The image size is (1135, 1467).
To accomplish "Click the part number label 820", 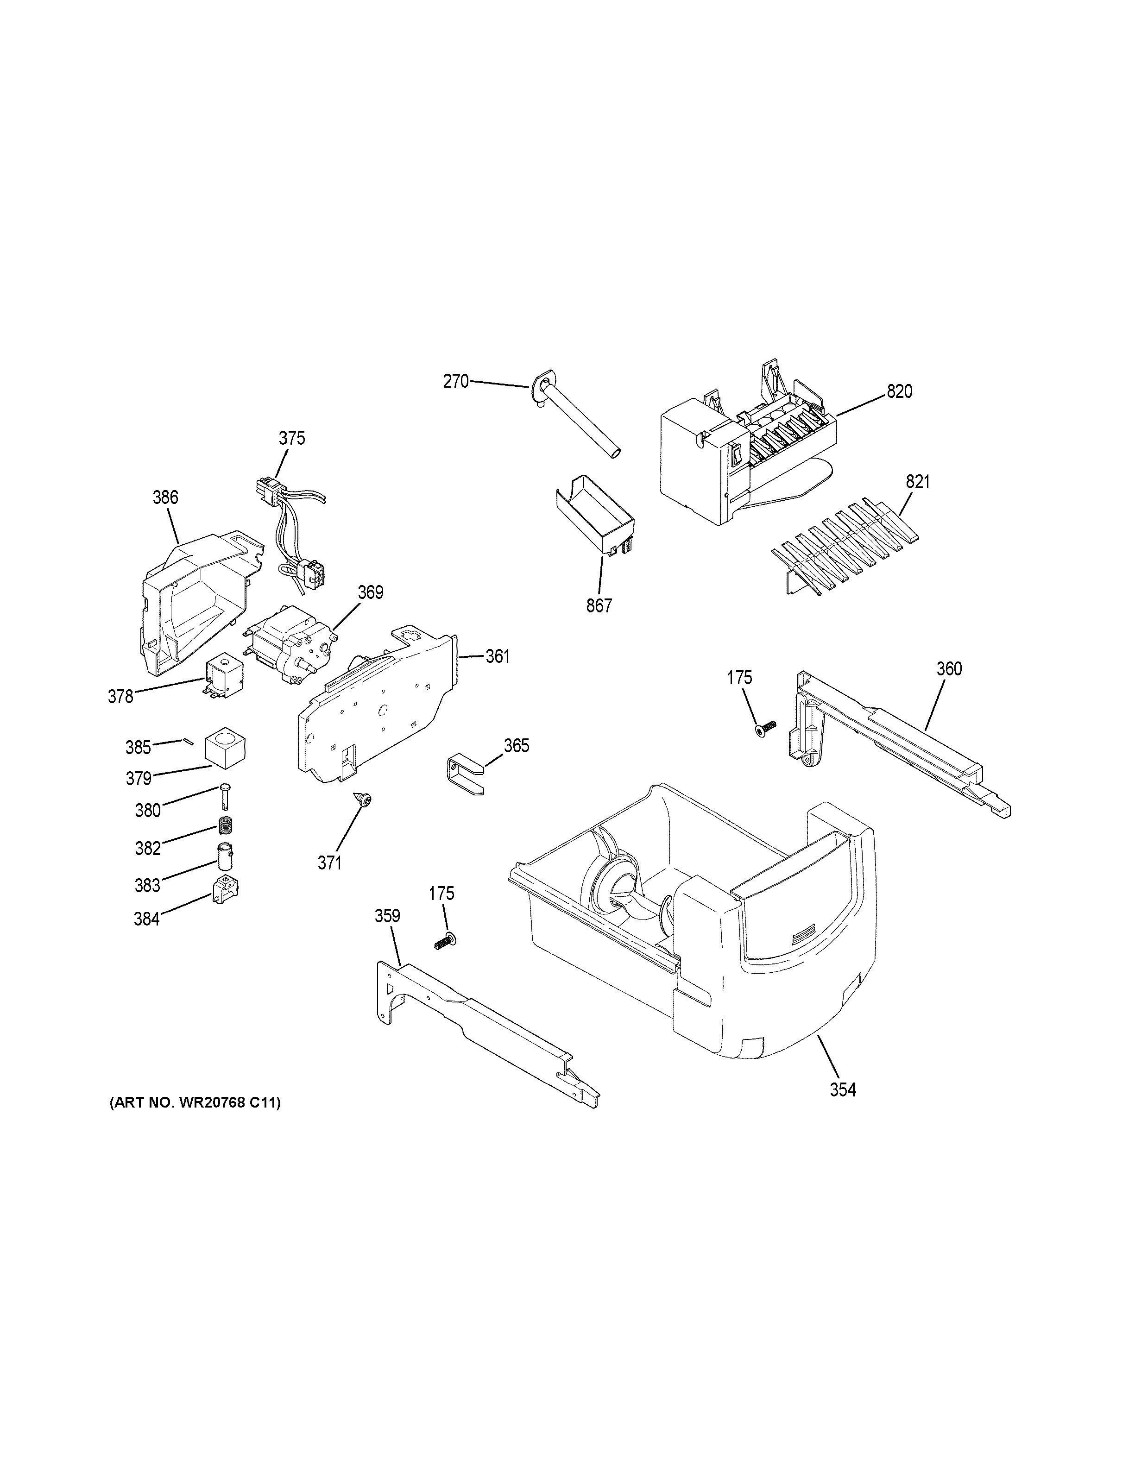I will point(899,391).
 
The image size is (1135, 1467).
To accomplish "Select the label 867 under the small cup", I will point(599,606).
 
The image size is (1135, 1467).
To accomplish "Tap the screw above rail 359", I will point(443,942).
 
